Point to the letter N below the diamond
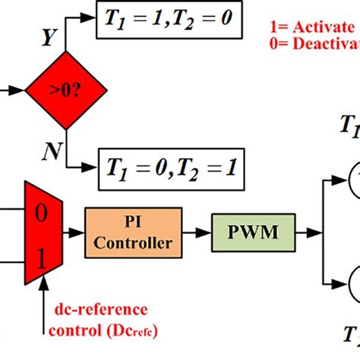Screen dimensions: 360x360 click(52, 153)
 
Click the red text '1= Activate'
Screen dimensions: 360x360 click(312, 28)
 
